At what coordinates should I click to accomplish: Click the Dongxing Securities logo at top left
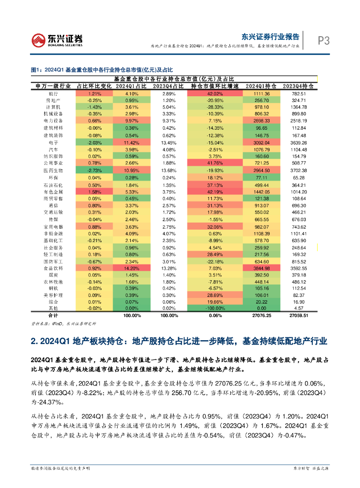click(x=57, y=40)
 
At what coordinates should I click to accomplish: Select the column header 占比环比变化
click(x=94, y=86)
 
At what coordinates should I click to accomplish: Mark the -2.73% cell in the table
click(x=94, y=170)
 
